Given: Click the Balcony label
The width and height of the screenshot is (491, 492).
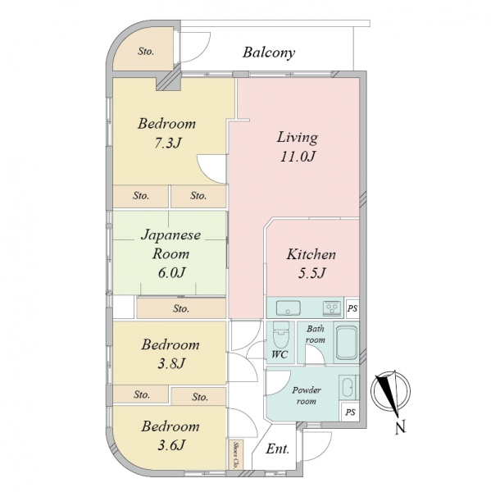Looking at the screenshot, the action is (x=269, y=52).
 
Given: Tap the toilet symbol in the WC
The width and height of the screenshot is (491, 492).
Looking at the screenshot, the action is (x=281, y=335).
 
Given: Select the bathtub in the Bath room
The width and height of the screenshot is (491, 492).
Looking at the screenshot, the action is (x=347, y=343).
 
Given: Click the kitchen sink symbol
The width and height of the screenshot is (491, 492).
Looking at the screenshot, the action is (x=288, y=307).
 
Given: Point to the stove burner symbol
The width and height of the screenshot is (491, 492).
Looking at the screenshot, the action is (x=332, y=307).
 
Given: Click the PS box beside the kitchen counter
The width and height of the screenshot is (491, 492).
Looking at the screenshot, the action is (x=352, y=308).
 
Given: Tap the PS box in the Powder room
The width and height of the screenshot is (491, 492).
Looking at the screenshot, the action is (x=350, y=412).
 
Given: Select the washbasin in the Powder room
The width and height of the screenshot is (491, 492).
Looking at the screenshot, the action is (x=348, y=388).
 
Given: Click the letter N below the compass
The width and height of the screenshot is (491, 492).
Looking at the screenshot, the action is (x=400, y=427).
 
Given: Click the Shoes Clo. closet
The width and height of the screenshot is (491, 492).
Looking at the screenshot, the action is (x=235, y=454).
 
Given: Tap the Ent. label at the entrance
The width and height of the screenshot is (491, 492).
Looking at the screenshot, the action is (x=277, y=449).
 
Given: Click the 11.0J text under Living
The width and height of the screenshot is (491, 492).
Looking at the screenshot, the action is (x=298, y=157).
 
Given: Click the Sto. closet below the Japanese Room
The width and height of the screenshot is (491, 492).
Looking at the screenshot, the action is (x=181, y=308).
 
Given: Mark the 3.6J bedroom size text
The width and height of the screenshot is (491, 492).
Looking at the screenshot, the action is (x=171, y=445).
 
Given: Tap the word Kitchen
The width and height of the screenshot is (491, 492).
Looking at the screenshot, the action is (x=311, y=254).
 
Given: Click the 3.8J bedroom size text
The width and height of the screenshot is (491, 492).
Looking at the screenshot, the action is (x=171, y=363).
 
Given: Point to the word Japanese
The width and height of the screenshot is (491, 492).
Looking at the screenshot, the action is (x=171, y=235).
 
